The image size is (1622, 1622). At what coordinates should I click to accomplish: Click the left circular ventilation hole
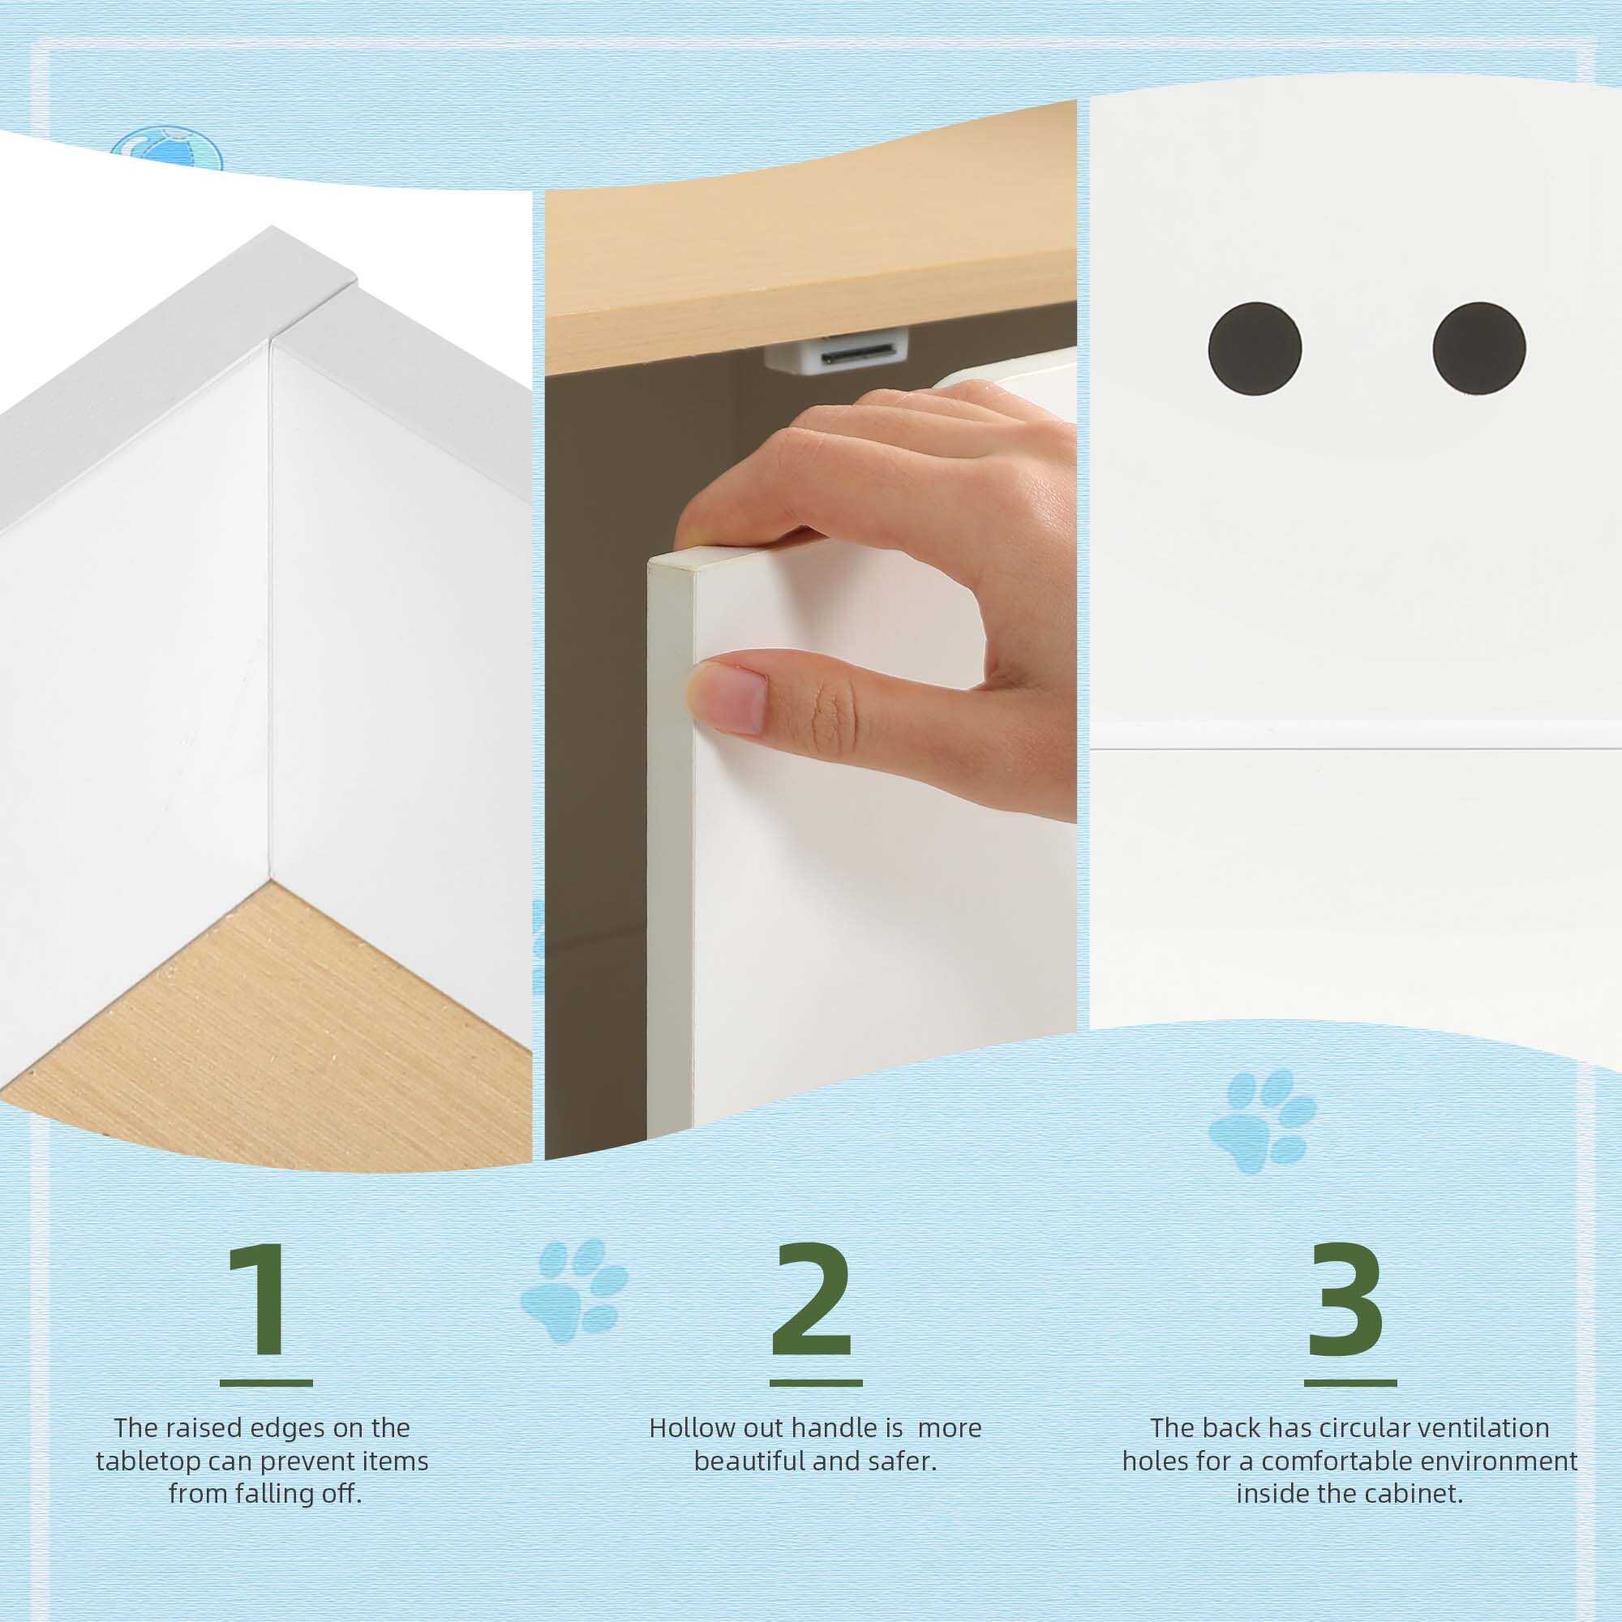[x=1255, y=349]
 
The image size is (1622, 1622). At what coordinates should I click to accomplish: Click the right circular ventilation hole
[x=1479, y=349]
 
